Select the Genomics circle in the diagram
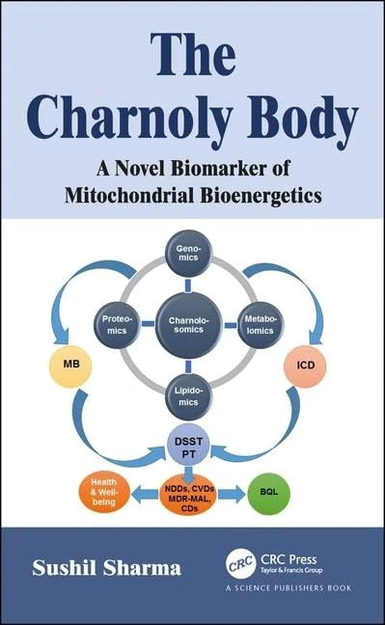click(x=190, y=256)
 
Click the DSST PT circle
click(x=190, y=445)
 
